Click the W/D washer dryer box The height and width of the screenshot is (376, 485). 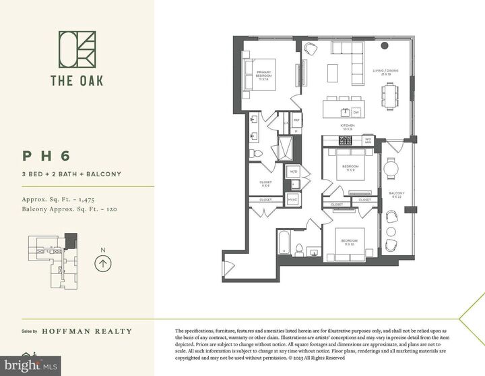pyautogui.click(x=294, y=171)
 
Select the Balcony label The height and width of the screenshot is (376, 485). pyautogui.click(x=395, y=195)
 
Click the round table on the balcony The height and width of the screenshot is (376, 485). pyautogui.click(x=391, y=167)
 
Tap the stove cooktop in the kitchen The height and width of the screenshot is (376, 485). pyautogui.click(x=346, y=140)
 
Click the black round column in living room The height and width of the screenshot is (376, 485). pyautogui.click(x=385, y=45)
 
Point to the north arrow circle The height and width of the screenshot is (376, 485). pyautogui.click(x=102, y=265)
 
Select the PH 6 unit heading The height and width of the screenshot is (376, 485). pyautogui.click(x=46, y=156)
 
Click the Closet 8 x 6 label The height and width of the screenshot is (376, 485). pyautogui.click(x=265, y=184)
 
